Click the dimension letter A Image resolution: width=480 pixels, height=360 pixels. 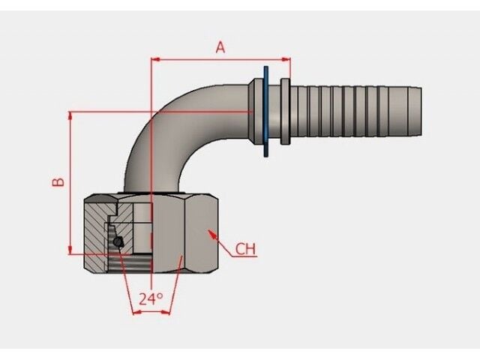(220, 47)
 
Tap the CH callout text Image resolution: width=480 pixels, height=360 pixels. (245, 249)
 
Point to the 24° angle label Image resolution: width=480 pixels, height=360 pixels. (151, 298)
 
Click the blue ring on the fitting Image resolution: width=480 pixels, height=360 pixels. (265, 111)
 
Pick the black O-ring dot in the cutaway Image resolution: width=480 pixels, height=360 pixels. (118, 241)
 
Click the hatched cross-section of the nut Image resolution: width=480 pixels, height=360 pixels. (96, 225)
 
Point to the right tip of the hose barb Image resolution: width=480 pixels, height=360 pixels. (418, 111)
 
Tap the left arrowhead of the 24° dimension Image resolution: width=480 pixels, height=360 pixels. (136, 311)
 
